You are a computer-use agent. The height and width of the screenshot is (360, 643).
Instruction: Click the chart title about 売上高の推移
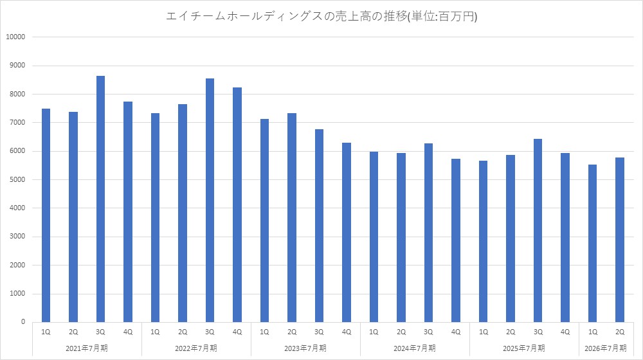click(x=321, y=17)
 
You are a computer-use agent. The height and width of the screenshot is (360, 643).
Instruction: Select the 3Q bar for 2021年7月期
click(x=100, y=199)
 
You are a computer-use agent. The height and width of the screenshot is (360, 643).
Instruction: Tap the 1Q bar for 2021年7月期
click(x=46, y=215)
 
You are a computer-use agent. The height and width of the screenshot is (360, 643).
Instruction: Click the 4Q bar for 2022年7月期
click(x=237, y=205)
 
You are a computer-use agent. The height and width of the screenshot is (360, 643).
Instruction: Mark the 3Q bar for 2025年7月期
click(x=538, y=231)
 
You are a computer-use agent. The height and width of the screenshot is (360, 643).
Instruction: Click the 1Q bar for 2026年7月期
click(x=592, y=244)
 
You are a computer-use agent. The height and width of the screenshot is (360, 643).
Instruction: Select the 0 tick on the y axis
click(x=23, y=322)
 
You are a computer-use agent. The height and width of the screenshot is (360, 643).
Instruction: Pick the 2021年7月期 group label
click(x=87, y=348)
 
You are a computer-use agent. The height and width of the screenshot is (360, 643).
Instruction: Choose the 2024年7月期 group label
click(x=415, y=348)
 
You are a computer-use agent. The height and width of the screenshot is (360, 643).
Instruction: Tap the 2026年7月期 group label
click(x=606, y=348)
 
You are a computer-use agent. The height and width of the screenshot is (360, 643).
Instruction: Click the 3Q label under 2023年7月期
click(x=319, y=332)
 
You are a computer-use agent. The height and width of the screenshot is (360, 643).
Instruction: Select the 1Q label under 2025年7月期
click(x=483, y=332)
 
